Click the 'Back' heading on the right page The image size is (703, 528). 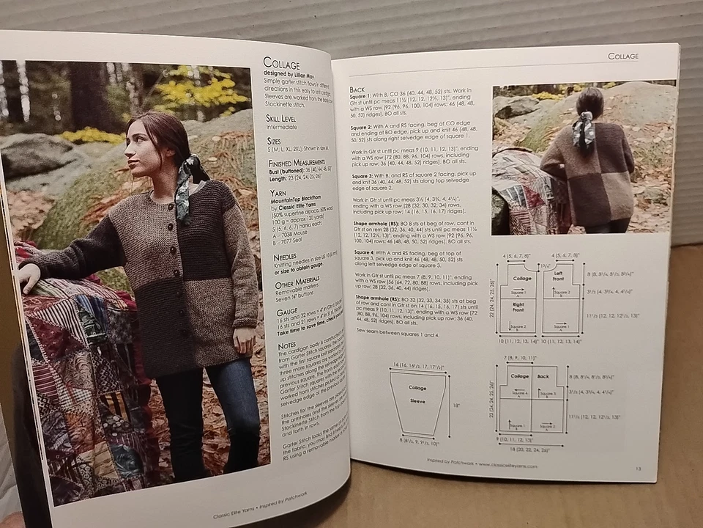coord(359,89)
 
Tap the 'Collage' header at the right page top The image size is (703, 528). coord(623,56)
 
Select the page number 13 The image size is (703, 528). coord(638,468)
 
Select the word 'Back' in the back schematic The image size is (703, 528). coord(543,376)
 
